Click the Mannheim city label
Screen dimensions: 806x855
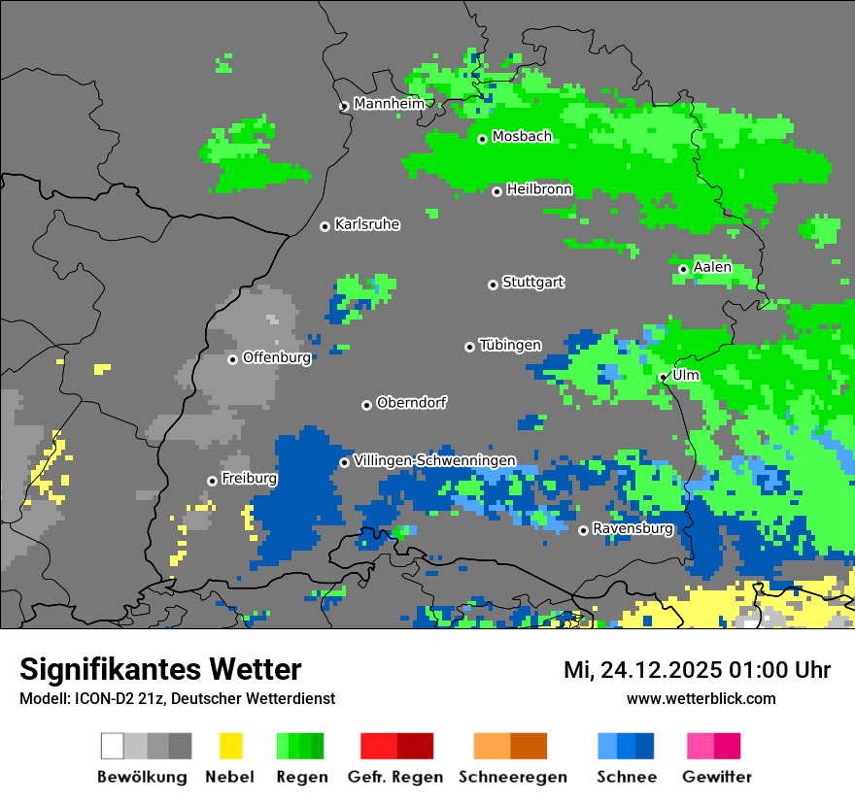(389, 104)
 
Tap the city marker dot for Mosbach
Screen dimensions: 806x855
(482, 139)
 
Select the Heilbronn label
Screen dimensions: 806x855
(539, 189)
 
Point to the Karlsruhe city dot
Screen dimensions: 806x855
(325, 226)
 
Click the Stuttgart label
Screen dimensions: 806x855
(533, 283)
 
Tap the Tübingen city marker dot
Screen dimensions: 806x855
(470, 347)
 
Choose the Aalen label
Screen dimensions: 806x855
(712, 267)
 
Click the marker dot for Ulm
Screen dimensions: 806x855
(663, 377)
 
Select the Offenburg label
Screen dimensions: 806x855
(277, 357)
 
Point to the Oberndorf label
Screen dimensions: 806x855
(412, 403)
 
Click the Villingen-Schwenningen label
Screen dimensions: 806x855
(434, 460)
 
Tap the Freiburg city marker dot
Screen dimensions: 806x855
(212, 481)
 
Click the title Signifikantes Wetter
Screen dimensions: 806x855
(160, 669)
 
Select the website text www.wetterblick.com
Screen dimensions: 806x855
(701, 698)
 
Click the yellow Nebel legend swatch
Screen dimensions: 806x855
(230, 746)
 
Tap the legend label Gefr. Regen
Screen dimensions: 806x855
(395, 777)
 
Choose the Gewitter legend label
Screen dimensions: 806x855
(717, 777)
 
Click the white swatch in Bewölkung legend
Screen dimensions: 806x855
(113, 746)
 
